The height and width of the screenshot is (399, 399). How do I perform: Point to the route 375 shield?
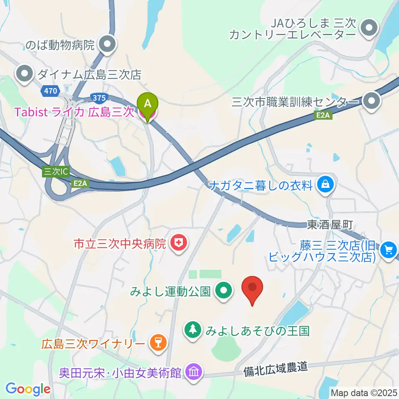coord(99,98)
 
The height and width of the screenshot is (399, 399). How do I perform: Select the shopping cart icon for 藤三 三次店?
coord(389,250)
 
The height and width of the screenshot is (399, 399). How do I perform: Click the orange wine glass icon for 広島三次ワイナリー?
coord(158,343)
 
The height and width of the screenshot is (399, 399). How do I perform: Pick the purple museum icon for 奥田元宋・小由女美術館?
coord(194,371)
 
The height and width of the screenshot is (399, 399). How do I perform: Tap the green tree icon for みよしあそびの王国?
coord(192,330)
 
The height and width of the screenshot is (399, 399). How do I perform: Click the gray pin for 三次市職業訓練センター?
coord(369,101)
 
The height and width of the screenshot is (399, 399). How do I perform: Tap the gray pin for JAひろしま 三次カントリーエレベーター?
coord(368,28)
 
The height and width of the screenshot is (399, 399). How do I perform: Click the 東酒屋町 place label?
coord(330,225)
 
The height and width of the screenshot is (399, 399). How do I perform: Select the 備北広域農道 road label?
coord(277,367)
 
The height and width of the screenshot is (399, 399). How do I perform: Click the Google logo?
coord(28,389)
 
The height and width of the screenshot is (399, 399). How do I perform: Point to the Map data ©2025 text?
coord(363,392)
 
